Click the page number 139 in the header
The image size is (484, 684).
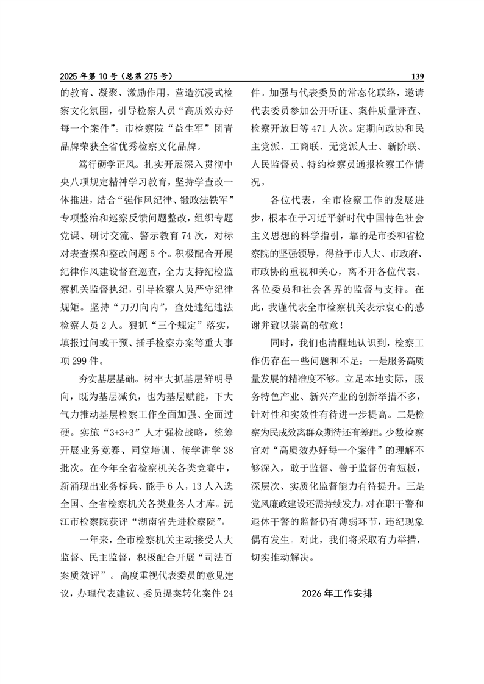tap(417, 76)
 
